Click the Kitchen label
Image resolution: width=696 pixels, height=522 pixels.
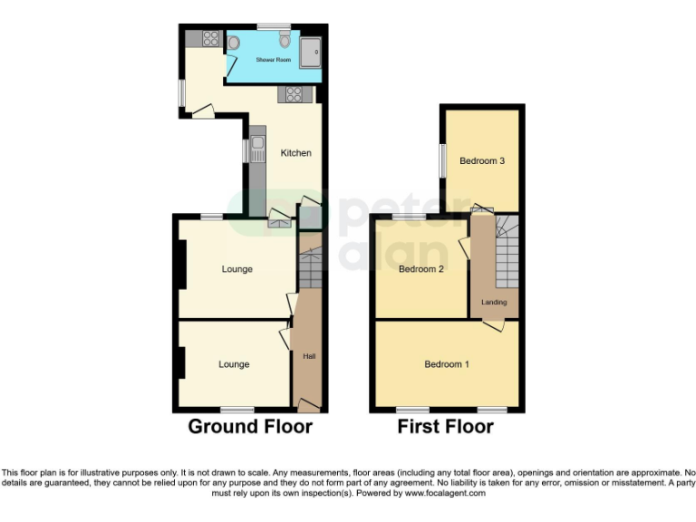coord(295,153)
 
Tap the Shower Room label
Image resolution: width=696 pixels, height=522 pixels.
coord(273,60)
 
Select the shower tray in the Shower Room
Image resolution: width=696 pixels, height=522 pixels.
coord(311,53)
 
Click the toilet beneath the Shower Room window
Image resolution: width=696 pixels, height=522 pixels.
coord(285,40)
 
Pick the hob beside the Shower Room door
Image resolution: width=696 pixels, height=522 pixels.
coord(210,37)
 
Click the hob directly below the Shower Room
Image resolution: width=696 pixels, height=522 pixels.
coord(295,92)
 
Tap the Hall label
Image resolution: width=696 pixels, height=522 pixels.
coord(309,356)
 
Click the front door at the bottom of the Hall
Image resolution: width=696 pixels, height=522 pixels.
coord(309,404)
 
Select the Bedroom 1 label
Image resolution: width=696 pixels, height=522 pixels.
coord(447,364)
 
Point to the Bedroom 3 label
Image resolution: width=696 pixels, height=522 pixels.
coord(481,161)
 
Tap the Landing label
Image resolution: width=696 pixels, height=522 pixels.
coord(494,302)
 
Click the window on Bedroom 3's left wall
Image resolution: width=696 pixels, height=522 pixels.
coord(442,161)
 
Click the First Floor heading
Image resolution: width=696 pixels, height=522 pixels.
coord(445,427)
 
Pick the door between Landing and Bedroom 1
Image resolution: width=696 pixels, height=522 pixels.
coord(493,326)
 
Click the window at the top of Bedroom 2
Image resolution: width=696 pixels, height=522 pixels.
coord(410,217)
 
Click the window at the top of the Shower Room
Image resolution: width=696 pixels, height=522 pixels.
coord(273,25)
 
